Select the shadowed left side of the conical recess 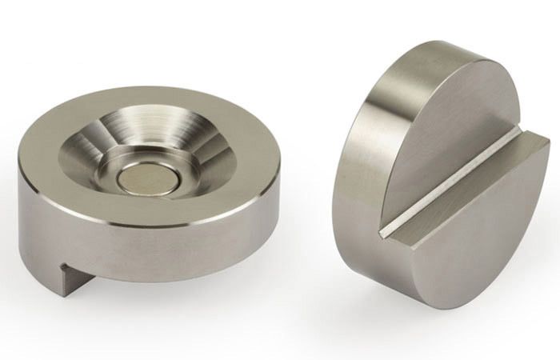coord(88,156)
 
